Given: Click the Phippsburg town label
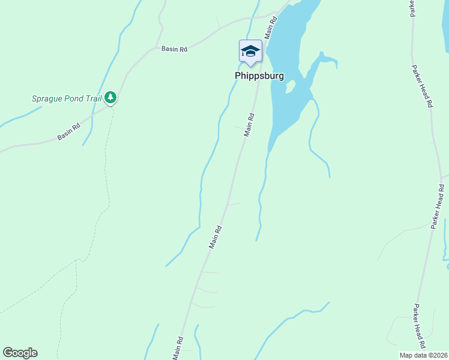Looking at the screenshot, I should coord(259,76).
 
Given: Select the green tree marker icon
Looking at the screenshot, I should coord(110,97).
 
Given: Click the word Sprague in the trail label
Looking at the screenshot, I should coord(47,98).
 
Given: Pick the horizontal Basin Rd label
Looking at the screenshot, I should coord(174,49).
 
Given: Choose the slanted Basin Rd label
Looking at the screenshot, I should coord(68,133).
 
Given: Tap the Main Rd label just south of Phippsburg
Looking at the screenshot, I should coord(249,125).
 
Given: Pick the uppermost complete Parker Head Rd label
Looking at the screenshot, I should coord(422,86).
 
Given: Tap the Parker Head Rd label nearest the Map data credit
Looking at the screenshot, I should coord(419,326).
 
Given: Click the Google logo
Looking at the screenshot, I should coord(20,353).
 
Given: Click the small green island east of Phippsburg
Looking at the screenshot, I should coord(291,87).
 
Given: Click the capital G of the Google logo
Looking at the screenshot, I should coord(8,353).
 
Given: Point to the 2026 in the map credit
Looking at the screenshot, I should coord(439,355).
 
